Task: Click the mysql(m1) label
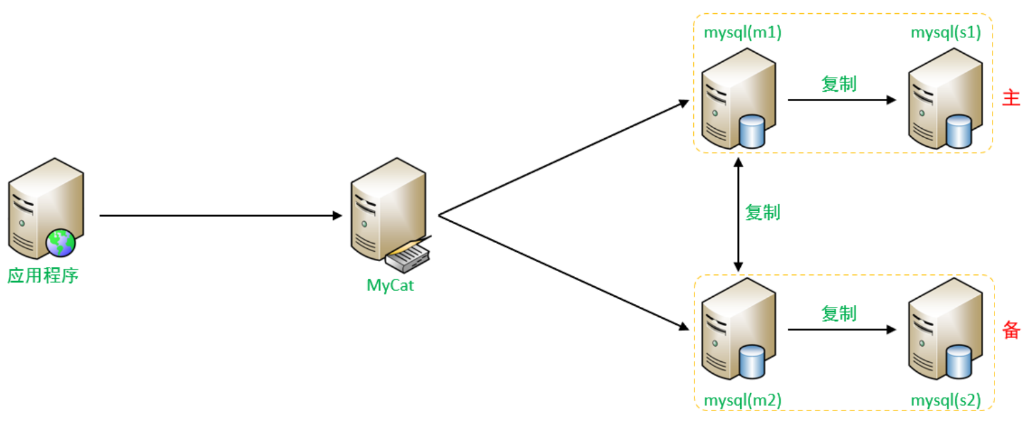(x=742, y=33)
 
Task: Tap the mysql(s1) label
(x=945, y=33)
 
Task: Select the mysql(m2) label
(x=742, y=400)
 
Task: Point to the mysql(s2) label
(x=945, y=400)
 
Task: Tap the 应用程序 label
(x=43, y=275)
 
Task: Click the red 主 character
(x=1010, y=98)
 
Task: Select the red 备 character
(x=1010, y=329)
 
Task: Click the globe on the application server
(x=60, y=242)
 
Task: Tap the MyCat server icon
(x=388, y=213)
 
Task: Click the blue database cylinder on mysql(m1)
(x=752, y=131)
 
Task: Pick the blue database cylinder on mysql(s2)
(x=958, y=361)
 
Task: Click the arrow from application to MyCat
(x=219, y=215)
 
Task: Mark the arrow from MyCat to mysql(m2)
(x=564, y=272)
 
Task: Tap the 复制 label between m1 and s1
(x=838, y=84)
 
